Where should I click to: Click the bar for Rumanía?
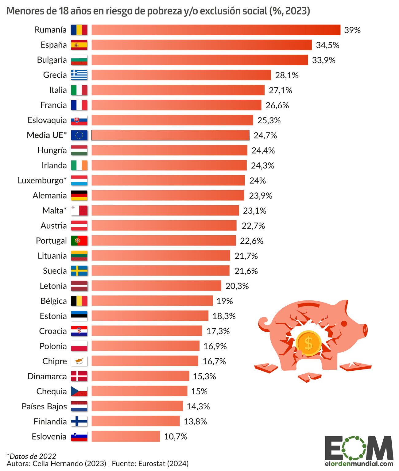pyautogui.click(x=216, y=30)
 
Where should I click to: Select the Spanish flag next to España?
pyautogui.click(x=79, y=45)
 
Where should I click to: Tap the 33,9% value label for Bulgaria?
pyautogui.click(x=323, y=60)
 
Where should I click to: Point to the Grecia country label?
pyautogui.click(x=55, y=75)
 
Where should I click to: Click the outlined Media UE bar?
pyautogui.click(x=170, y=135)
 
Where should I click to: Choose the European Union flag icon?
pyautogui.click(x=79, y=135)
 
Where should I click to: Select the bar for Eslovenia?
pyautogui.click(x=126, y=436)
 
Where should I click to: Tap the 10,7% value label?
pyautogui.click(x=176, y=436)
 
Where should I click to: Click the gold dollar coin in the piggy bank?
pyautogui.click(x=308, y=343)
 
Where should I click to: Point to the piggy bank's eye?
pyautogui.click(x=344, y=323)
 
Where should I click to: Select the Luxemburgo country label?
pyautogui.click(x=42, y=180)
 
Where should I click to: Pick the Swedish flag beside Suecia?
pyautogui.click(x=79, y=271)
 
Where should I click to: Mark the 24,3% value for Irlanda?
pyautogui.click(x=262, y=165)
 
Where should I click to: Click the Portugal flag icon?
pyautogui.click(x=79, y=241)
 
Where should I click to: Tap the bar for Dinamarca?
pyautogui.click(x=140, y=376)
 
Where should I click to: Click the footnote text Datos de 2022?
pyautogui.click(x=31, y=456)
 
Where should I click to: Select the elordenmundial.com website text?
pyautogui.click(x=359, y=464)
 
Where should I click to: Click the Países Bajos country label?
pyautogui.click(x=44, y=406)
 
